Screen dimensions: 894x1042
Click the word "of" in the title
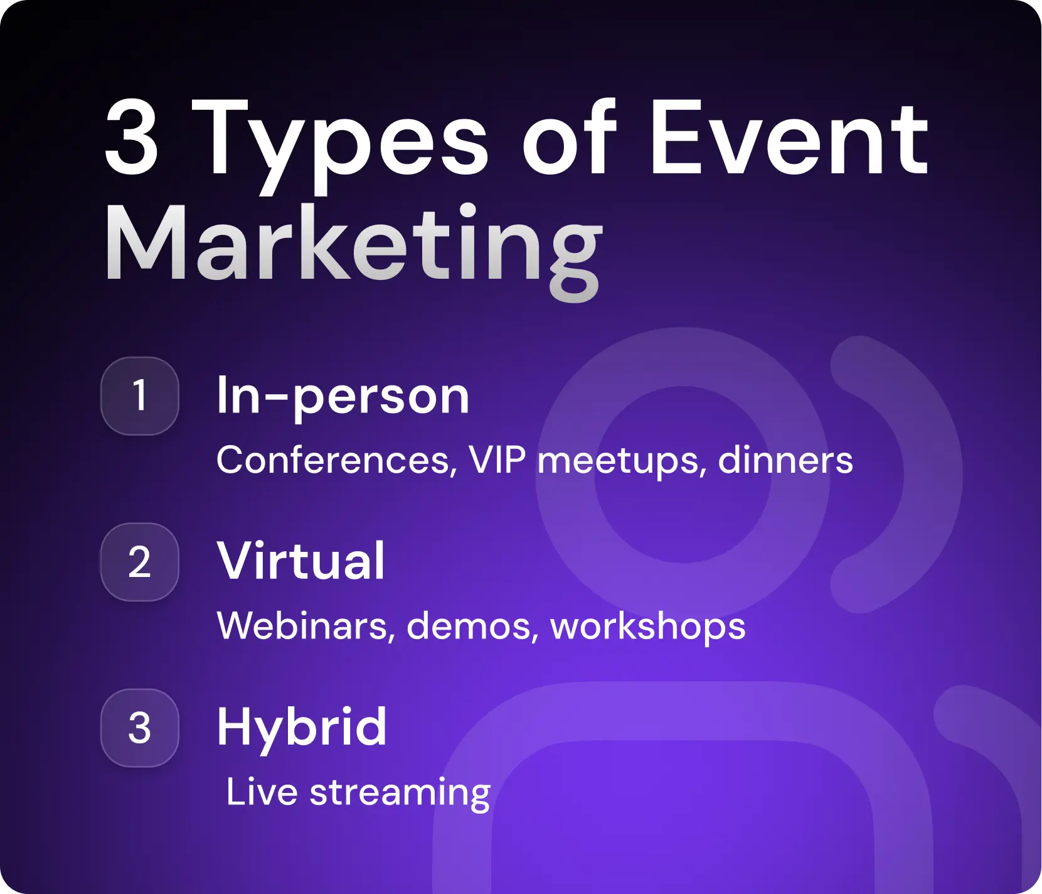coord(568,138)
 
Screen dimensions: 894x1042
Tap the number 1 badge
coord(140,396)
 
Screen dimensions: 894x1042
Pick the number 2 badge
coord(140,562)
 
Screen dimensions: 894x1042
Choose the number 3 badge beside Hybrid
coord(140,728)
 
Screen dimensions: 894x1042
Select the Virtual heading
coord(300,561)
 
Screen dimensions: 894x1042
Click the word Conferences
coord(333,460)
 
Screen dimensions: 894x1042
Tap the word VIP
coord(497,460)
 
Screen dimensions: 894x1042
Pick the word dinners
coord(785,460)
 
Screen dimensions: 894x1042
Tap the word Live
coord(262,792)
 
